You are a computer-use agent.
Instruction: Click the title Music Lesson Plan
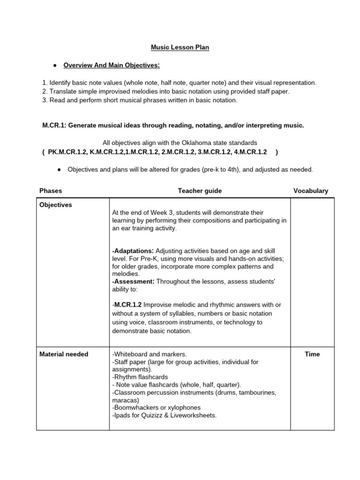[180, 47]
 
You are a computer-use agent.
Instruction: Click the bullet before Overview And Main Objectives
[55, 65]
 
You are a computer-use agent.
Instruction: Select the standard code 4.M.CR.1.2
[249, 152]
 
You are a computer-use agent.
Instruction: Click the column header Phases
[51, 191]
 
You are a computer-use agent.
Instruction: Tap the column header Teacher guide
[200, 191]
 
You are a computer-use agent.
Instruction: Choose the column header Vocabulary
[311, 191]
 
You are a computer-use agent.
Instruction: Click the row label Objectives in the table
[56, 205]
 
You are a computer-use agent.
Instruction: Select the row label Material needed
[64, 354]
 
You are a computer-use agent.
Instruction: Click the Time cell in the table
[312, 354]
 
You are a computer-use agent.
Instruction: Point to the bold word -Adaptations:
[133, 251]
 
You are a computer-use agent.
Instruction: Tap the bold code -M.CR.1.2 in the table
[129, 305]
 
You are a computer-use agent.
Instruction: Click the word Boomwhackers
[136, 407]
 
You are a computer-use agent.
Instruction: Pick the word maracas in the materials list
[125, 400]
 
